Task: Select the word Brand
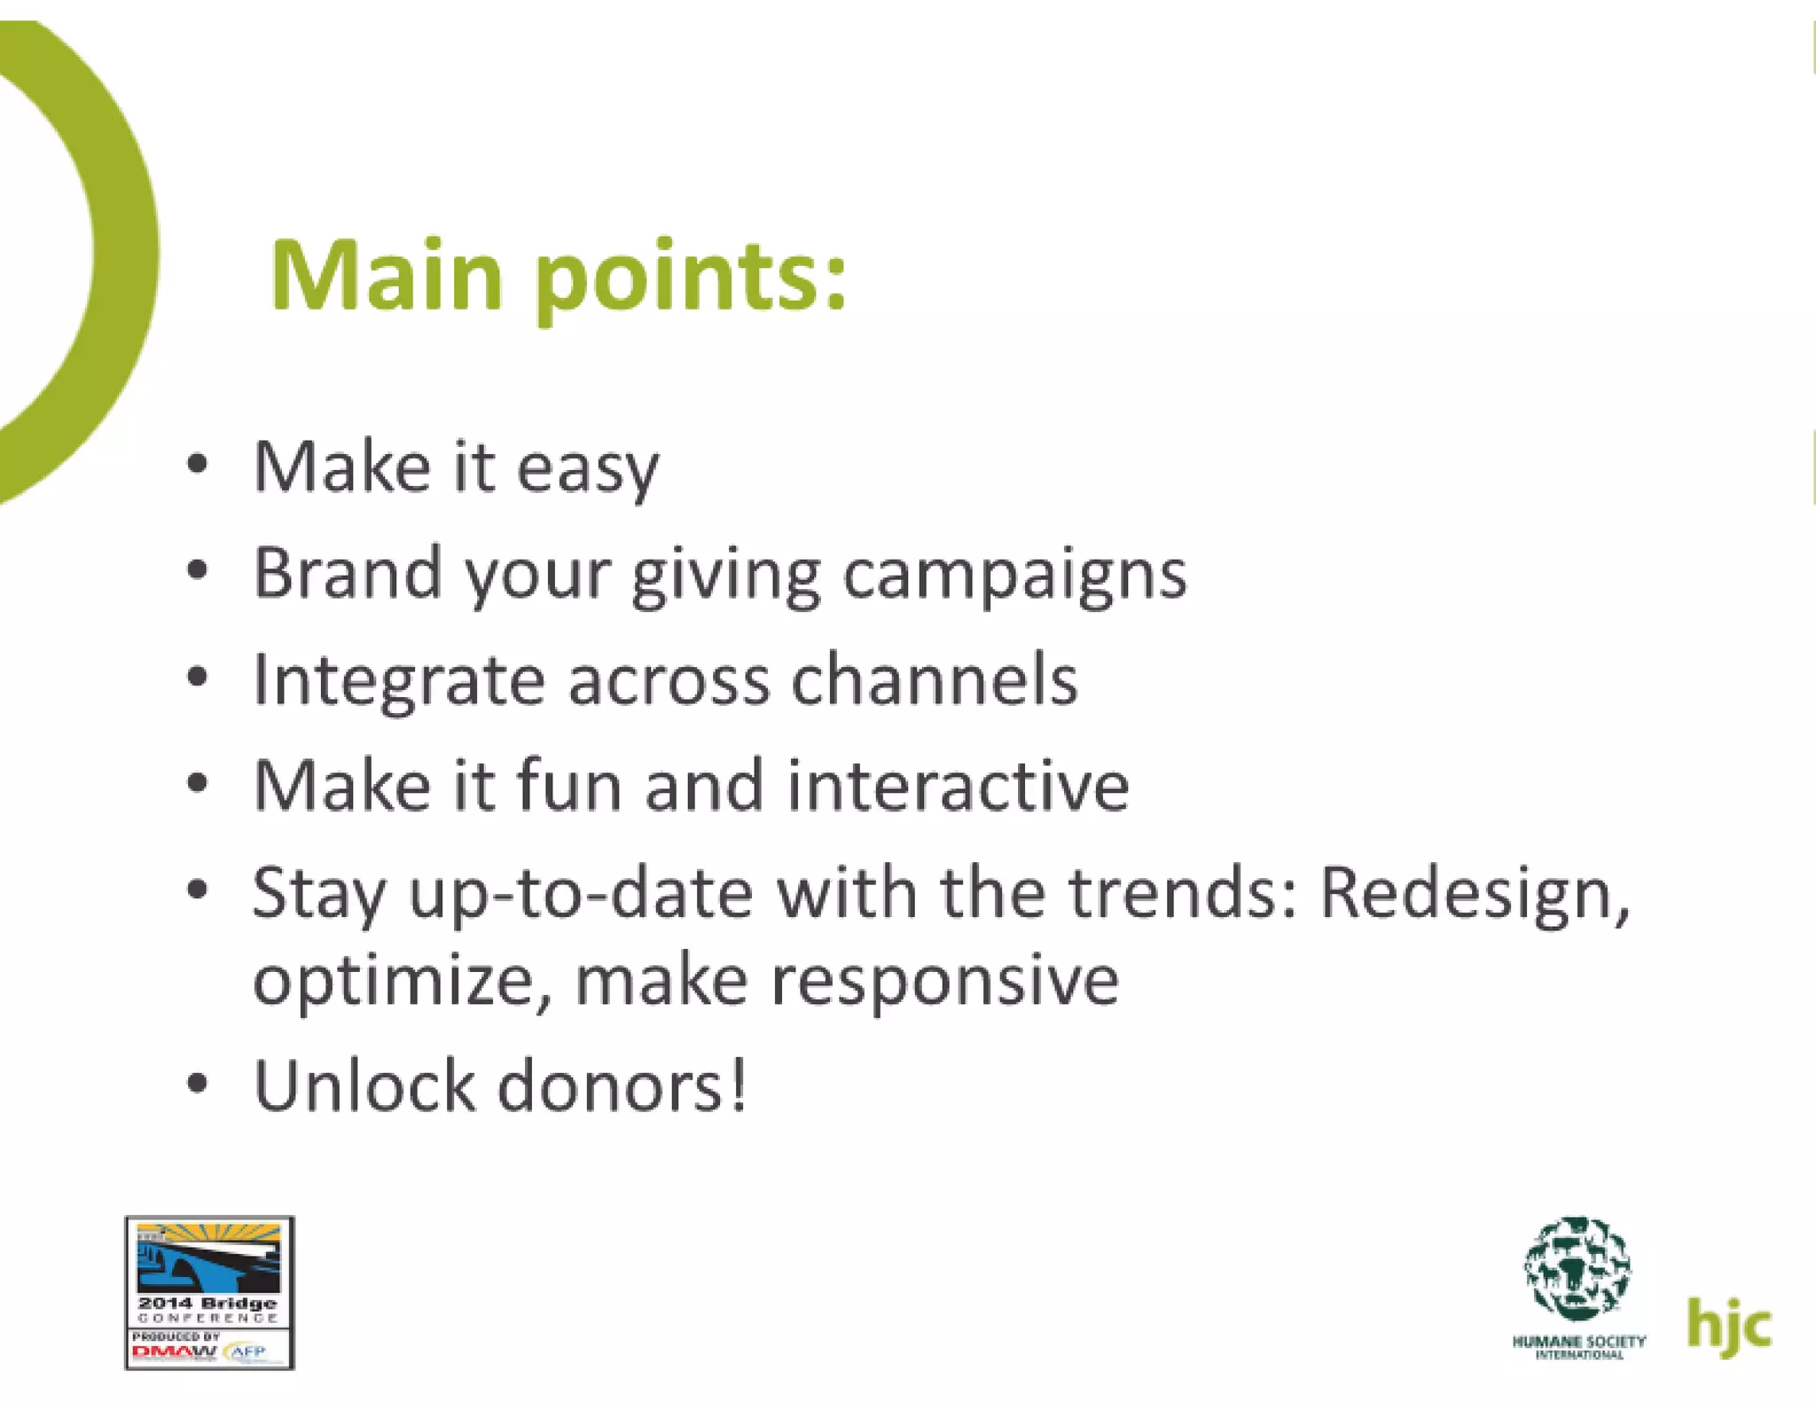click(x=348, y=573)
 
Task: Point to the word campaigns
click(x=1014, y=576)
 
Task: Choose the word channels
click(x=934, y=679)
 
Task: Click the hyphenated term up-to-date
click(x=580, y=894)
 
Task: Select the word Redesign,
click(x=1475, y=894)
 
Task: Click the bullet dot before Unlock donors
click(x=198, y=1084)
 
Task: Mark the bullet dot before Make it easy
click(x=198, y=464)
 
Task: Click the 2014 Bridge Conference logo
click(x=209, y=1292)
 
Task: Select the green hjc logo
click(x=1728, y=1325)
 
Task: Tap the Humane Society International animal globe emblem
click(x=1577, y=1268)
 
